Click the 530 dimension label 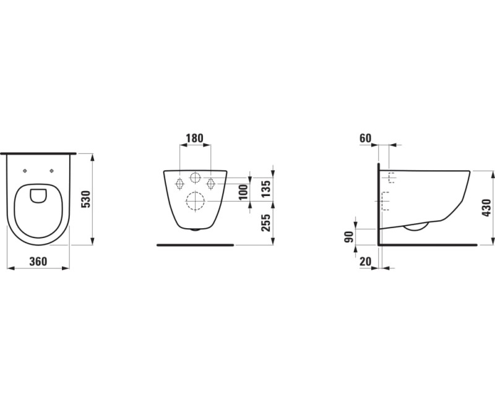click(87, 199)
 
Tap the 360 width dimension click(38, 261)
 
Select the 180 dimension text click(194, 138)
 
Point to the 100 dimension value click(244, 192)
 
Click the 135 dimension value click(266, 189)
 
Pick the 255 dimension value click(266, 223)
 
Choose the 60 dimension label click(366, 138)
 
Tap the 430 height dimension click(487, 208)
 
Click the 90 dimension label click(348, 237)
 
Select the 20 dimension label click(365, 261)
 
